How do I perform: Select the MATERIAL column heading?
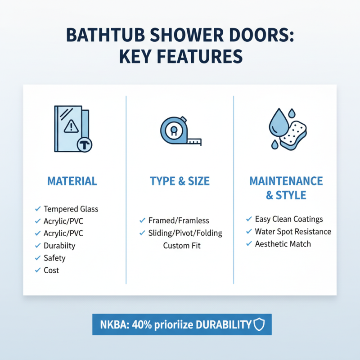tap(72, 181)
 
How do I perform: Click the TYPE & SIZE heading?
tap(180, 181)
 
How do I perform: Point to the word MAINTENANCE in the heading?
tap(286, 181)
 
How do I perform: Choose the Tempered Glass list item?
tap(71, 209)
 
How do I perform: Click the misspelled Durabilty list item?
tap(59, 246)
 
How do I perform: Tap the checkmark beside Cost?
tap(38, 270)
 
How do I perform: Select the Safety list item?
tap(54, 258)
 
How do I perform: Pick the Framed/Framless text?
tap(179, 220)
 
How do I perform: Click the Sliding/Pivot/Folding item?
tap(185, 233)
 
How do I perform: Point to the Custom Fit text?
tap(182, 246)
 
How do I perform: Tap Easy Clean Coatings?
tap(289, 219)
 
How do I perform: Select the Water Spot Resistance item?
tap(293, 232)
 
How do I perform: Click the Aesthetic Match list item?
tap(283, 244)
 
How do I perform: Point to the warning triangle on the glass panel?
tap(71, 126)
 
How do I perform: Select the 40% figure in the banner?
tap(141, 324)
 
